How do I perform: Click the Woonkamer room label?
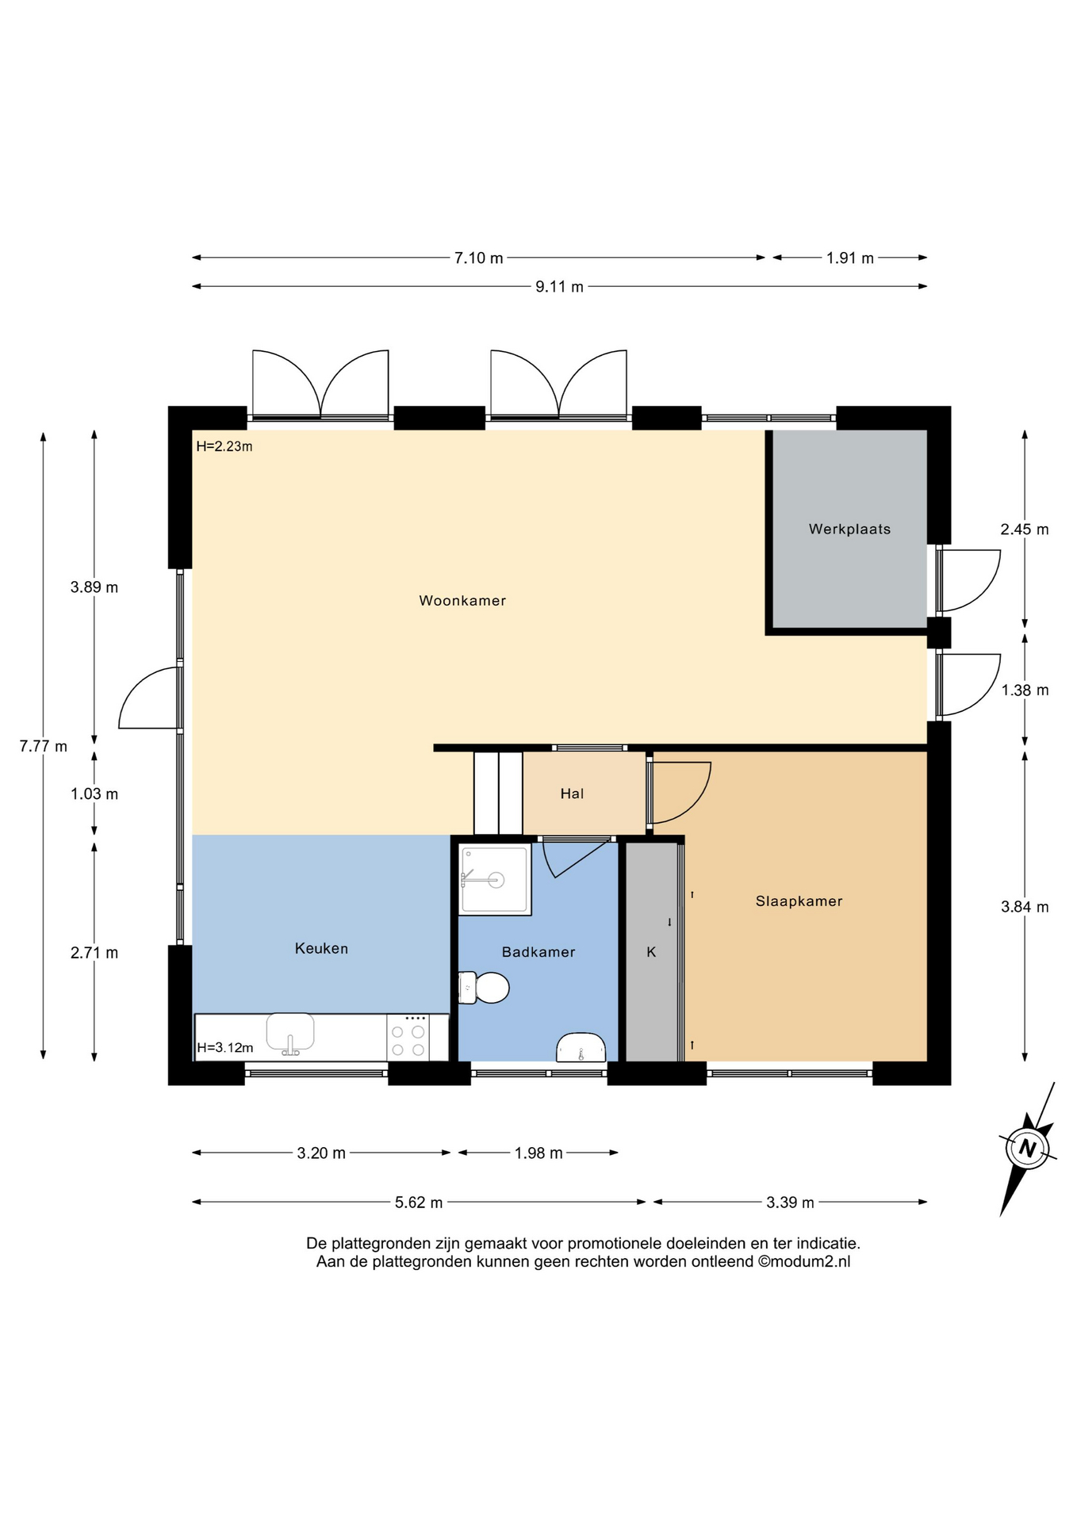tap(462, 601)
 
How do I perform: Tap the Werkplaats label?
tap(849, 529)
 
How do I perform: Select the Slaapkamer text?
tap(799, 901)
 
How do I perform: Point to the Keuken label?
tap(321, 948)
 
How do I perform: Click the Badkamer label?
tap(538, 952)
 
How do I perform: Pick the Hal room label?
tap(572, 794)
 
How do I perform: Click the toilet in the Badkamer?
tap(484, 988)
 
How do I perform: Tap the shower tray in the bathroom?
tap(495, 880)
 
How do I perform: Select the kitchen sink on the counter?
tap(290, 1034)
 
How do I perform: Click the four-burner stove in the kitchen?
tap(408, 1038)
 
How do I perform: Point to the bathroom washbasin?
tap(581, 1047)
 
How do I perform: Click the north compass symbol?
tap(1028, 1148)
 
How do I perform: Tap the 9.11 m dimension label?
tap(559, 287)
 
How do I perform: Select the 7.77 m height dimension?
tap(44, 746)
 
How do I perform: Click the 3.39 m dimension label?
tap(790, 1203)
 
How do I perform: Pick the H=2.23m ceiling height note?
tap(224, 446)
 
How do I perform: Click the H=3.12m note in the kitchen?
tap(225, 1047)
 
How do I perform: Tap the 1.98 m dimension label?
tap(538, 1153)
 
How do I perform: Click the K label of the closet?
tap(651, 952)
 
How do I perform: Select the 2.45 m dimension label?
tap(1025, 530)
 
